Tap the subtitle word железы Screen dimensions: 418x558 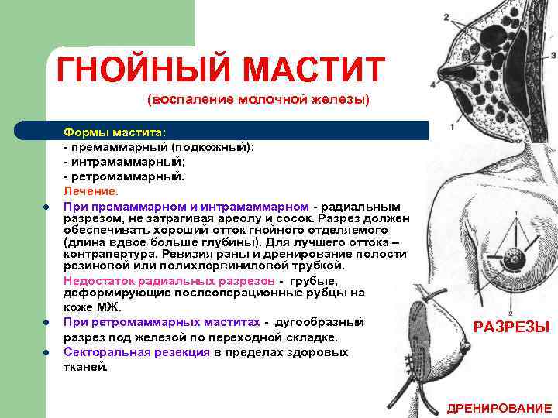(x=337, y=101)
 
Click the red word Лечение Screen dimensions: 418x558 (x=91, y=190)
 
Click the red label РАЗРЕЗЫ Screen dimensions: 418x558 (x=511, y=327)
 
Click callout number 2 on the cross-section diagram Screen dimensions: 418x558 (x=446, y=17)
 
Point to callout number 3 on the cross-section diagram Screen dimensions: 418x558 (x=553, y=55)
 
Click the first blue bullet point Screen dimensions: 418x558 (x=46, y=207)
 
